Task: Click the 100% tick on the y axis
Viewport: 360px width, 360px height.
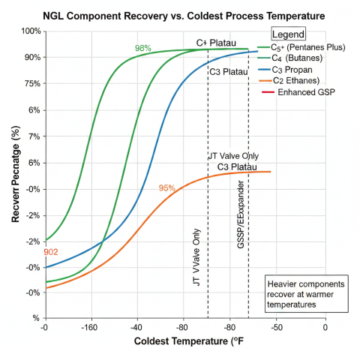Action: pyautogui.click(x=31, y=31)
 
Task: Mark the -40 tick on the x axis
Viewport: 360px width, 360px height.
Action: pyautogui.click(x=136, y=328)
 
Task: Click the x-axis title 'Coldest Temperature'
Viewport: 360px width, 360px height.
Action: pyautogui.click(x=180, y=342)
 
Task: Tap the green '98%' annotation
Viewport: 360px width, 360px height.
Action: pyautogui.click(x=142, y=49)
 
